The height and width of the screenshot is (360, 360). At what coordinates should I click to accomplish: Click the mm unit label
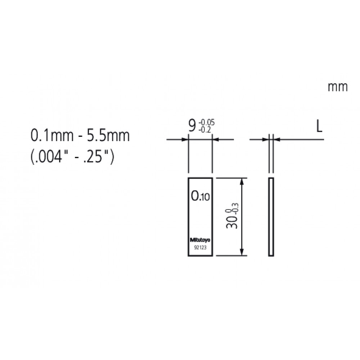pyautogui.click(x=338, y=87)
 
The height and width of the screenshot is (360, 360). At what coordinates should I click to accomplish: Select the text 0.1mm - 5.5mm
pyautogui.click(x=80, y=136)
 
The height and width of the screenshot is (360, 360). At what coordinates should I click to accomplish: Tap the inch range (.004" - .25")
pyautogui.click(x=72, y=157)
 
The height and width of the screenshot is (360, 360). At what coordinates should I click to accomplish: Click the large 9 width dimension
pyautogui.click(x=192, y=126)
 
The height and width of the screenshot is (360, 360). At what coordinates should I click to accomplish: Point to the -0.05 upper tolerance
pyautogui.click(x=206, y=123)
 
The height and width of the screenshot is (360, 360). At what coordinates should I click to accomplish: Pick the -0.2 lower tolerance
pyautogui.click(x=204, y=130)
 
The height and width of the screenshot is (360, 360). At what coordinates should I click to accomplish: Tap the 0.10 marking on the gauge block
pyautogui.click(x=201, y=196)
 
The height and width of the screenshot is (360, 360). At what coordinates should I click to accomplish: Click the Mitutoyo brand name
pyautogui.click(x=200, y=240)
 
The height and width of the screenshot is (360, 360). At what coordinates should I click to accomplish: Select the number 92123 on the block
pyautogui.click(x=200, y=248)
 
